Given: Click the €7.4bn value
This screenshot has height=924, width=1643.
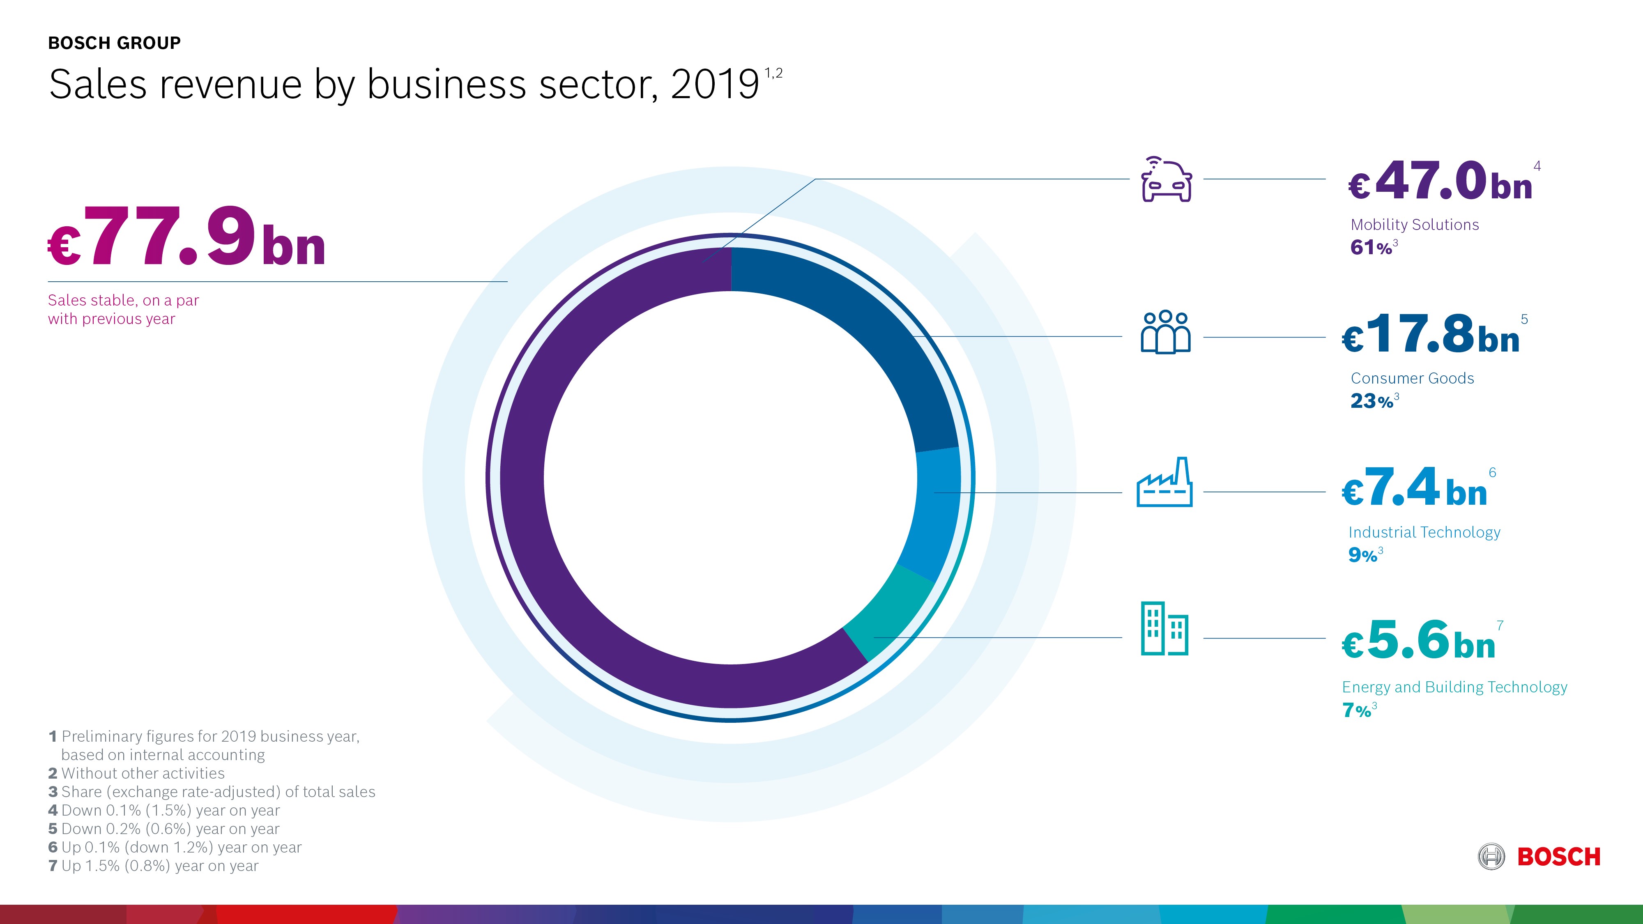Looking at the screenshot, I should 1415,488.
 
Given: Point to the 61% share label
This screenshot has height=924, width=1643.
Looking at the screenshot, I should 1371,247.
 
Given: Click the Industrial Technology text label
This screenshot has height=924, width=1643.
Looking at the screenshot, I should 1424,533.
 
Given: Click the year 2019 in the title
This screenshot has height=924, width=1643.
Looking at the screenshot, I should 714,85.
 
